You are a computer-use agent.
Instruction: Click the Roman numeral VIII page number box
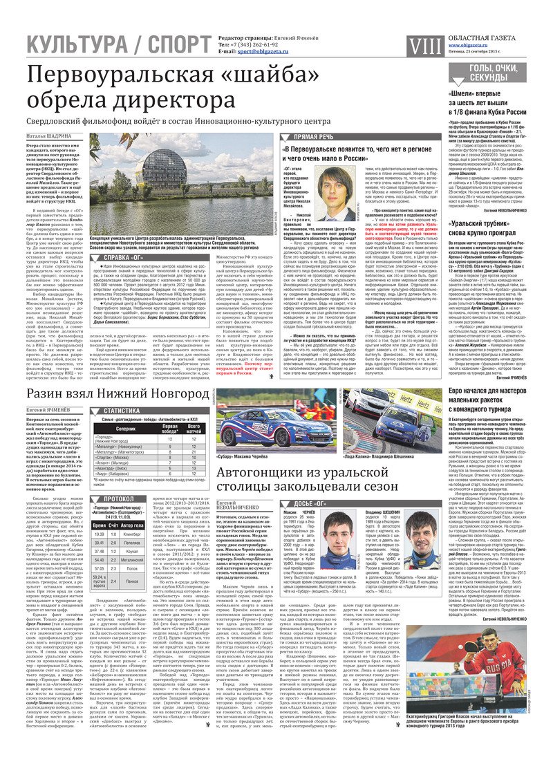click(421, 46)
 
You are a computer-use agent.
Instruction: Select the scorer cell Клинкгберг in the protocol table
click(151, 534)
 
